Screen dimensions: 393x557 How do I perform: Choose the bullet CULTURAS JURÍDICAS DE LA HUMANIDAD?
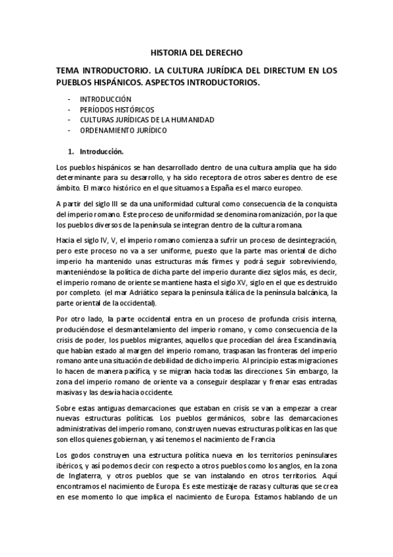tap(138, 120)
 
